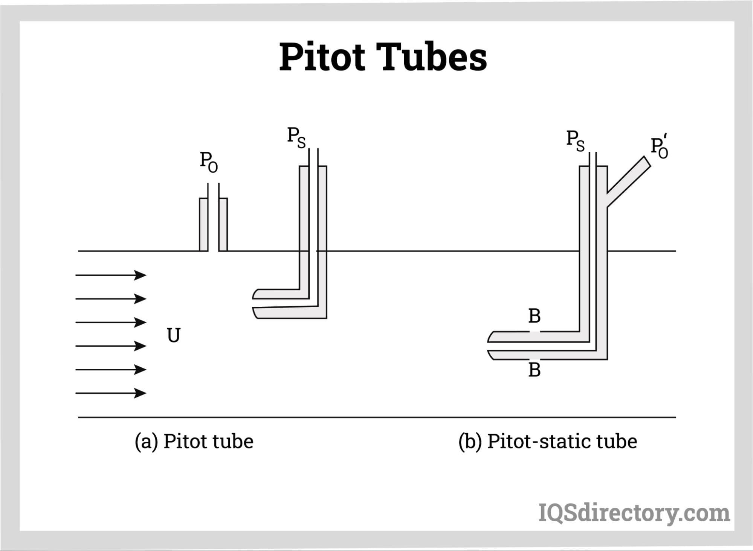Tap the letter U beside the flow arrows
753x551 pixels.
tap(174, 335)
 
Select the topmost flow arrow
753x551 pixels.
tap(111, 275)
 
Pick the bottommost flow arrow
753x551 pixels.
tap(111, 393)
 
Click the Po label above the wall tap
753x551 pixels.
tap(209, 162)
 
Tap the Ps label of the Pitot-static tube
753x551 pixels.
tap(576, 141)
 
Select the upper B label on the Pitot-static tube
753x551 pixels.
tap(535, 316)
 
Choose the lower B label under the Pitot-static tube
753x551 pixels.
tap(535, 370)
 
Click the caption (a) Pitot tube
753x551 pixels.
tap(194, 441)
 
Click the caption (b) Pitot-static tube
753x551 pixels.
tap(547, 441)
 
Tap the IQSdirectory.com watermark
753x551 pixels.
tap(634, 513)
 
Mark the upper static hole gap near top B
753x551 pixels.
tap(535, 332)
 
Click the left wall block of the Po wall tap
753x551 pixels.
tap(203, 224)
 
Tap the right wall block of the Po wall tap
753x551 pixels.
tap(223, 224)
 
